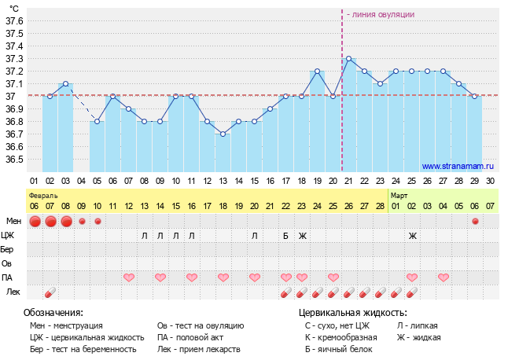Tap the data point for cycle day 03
66,83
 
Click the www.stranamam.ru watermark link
457,166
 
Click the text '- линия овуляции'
381,14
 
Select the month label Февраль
43,193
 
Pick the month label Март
399,193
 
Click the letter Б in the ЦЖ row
286,235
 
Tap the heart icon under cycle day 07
129,277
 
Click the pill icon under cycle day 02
50,292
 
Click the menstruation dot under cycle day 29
475,221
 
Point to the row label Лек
13,292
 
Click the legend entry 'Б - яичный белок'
335,349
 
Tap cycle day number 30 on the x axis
491,180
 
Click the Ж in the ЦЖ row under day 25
412,235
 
